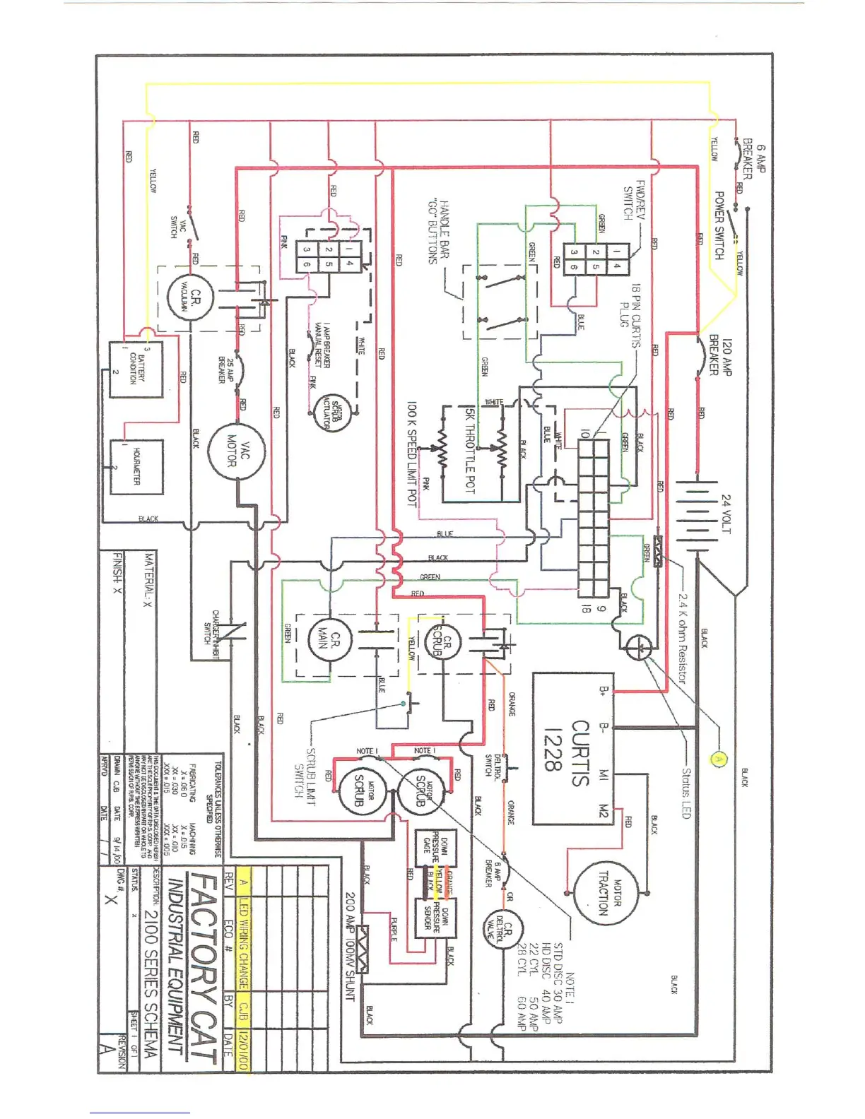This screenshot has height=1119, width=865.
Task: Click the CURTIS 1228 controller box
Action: click(x=572, y=749)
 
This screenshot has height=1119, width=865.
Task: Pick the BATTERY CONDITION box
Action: click(x=136, y=369)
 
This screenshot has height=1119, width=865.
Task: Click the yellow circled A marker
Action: click(x=718, y=759)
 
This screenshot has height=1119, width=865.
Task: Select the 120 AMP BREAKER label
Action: click(x=720, y=356)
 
